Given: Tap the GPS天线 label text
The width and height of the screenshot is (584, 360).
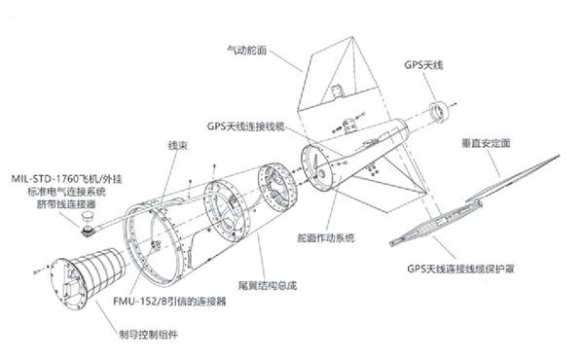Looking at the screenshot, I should point(422,63).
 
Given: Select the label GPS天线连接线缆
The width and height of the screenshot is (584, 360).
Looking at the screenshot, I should point(245,126).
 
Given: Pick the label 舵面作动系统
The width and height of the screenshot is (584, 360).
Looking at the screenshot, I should point(324,238).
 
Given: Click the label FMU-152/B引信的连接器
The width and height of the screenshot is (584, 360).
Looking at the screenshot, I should point(169,303).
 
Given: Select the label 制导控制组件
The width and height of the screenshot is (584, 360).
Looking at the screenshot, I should point(157,334).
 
